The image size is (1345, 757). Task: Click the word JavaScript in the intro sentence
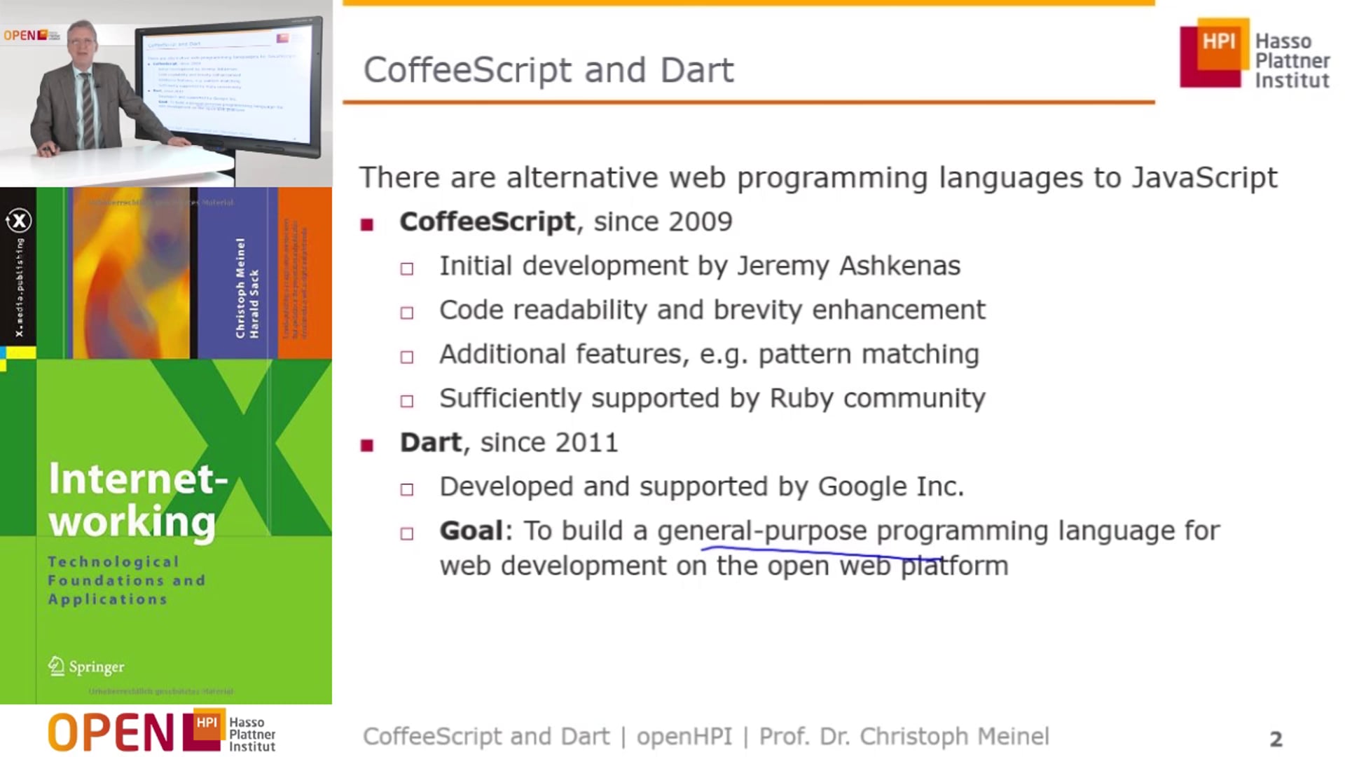pyautogui.click(x=1204, y=178)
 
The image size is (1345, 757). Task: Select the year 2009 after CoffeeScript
pyautogui.click(x=700, y=222)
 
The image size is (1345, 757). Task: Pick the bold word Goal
pyautogui.click(x=471, y=531)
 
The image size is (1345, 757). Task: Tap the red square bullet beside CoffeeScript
pyautogui.click(x=367, y=225)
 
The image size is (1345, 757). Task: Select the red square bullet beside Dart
pyautogui.click(x=367, y=446)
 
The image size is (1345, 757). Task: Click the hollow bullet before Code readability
pyautogui.click(x=407, y=313)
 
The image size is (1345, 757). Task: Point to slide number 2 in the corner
pyautogui.click(x=1276, y=739)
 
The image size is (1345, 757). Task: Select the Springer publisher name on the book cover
pyautogui.click(x=96, y=667)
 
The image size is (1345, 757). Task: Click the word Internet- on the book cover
pyautogui.click(x=138, y=479)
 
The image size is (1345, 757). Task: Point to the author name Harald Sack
pyautogui.click(x=254, y=303)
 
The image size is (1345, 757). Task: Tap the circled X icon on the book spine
pyautogui.click(x=19, y=221)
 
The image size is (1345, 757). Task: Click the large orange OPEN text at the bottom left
pyautogui.click(x=111, y=732)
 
